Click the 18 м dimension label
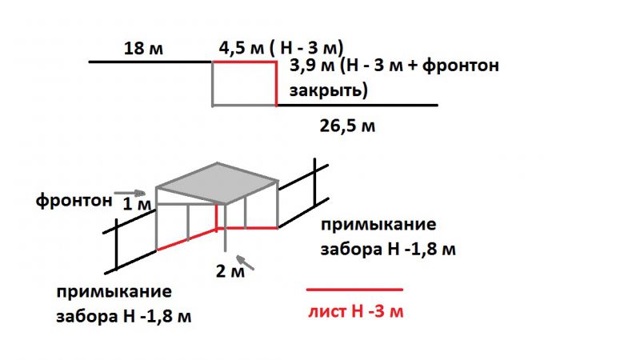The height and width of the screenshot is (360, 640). tap(143, 48)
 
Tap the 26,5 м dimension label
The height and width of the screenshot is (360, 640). tap(347, 126)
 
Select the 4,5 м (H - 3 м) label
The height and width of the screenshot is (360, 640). tap(282, 48)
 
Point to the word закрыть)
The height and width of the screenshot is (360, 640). tap(329, 90)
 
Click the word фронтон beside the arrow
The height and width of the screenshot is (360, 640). tap(74, 201)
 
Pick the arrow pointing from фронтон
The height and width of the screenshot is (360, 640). tap(130, 193)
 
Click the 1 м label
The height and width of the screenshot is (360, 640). tap(137, 204)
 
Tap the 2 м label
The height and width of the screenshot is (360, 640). tap(230, 271)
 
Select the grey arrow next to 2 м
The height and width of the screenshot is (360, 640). tap(246, 262)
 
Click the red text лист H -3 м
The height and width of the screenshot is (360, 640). tap(356, 311)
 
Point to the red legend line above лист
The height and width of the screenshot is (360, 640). tap(354, 290)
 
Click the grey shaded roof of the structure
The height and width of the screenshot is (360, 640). tap(217, 183)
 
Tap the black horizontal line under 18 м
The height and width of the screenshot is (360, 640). tap(150, 62)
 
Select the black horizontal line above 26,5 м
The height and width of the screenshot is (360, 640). tap(357, 106)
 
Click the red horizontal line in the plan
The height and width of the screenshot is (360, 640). tap(245, 62)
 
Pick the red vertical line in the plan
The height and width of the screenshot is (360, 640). tap(276, 84)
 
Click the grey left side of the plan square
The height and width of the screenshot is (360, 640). tap(213, 84)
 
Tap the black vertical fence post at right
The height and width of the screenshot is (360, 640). tap(314, 182)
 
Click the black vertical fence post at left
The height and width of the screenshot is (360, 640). tap(117, 245)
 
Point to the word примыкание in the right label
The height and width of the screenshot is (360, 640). tap(378, 225)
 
